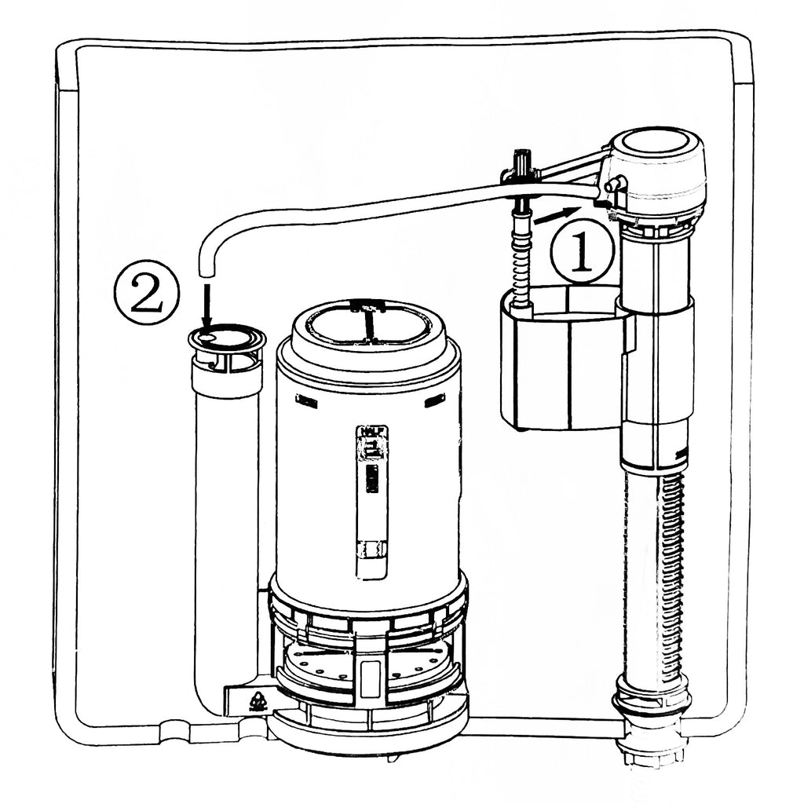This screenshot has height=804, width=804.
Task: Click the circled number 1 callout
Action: click(x=581, y=254)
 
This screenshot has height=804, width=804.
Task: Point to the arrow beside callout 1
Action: click(x=557, y=214)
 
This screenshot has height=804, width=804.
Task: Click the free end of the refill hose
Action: click(x=206, y=270)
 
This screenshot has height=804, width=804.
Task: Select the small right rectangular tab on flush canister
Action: click(x=433, y=400)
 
